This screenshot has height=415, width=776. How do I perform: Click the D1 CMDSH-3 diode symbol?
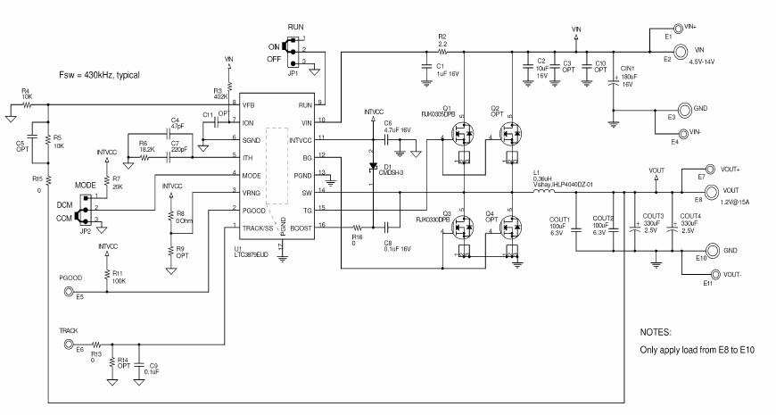tap(374, 167)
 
